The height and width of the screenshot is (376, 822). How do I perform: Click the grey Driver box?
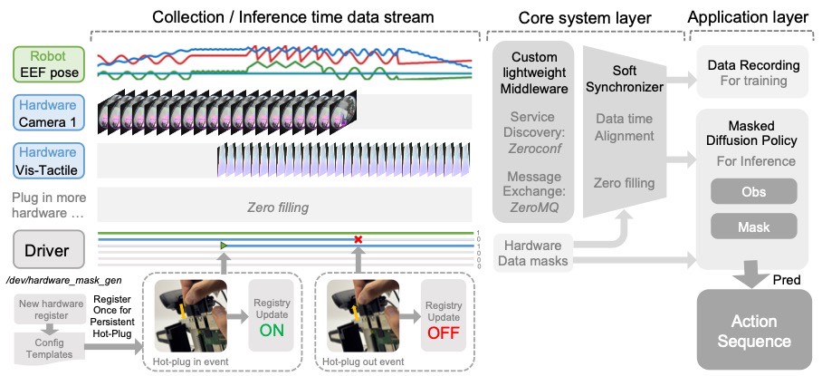(x=47, y=248)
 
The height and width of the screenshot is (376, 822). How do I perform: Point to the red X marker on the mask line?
(x=358, y=240)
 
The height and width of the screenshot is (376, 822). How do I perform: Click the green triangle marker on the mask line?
(x=224, y=246)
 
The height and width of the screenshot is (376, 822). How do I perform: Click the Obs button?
(x=753, y=192)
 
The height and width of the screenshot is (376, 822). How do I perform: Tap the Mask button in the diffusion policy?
(x=753, y=226)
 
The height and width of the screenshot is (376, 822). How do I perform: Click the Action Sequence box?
(x=753, y=331)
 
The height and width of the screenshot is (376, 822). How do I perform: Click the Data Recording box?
(x=753, y=73)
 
